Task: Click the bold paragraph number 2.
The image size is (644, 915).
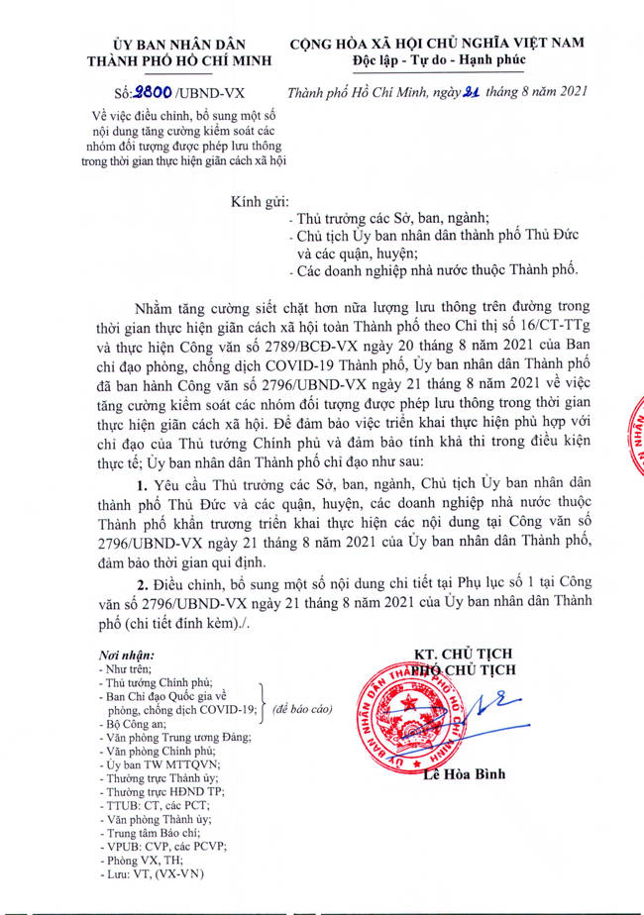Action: coord(143,585)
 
